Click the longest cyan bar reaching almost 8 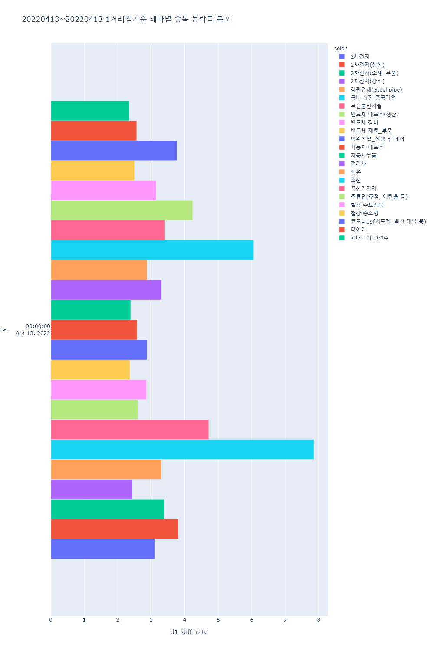(182, 450)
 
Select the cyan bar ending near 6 (152, 250)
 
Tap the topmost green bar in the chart (90, 111)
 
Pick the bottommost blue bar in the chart (102, 549)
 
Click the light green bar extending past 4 (122, 210)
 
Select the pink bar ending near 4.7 (129, 430)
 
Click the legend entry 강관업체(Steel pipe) (376, 90)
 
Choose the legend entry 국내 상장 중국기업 (373, 98)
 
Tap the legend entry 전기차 (358, 164)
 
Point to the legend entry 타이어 (358, 230)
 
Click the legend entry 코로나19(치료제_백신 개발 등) (388, 221)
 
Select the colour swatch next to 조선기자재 (342, 188)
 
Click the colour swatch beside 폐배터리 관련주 (342, 238)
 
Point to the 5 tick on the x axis (218, 620)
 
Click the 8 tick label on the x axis (319, 620)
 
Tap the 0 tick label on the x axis (51, 620)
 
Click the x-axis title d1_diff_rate (189, 632)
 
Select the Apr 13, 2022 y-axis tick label (33, 333)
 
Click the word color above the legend (340, 49)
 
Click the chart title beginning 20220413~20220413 (126, 19)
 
